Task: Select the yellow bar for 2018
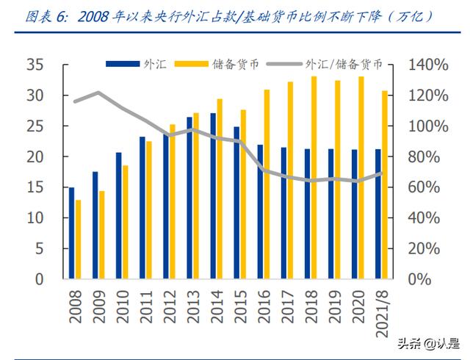click(314, 177)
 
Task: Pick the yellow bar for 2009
click(102, 235)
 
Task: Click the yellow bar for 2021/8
click(384, 184)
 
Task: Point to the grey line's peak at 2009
click(98, 93)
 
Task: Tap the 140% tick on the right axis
click(427, 65)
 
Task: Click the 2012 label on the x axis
click(167, 304)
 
